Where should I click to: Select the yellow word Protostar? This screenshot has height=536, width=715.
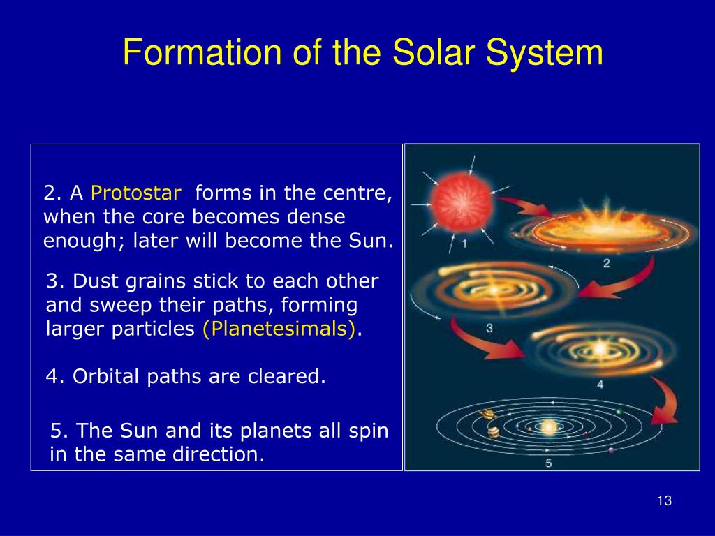[x=136, y=193]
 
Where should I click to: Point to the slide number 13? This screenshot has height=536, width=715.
[x=665, y=500]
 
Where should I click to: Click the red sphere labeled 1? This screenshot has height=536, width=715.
[x=461, y=204]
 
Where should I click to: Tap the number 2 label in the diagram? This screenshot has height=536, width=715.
[x=607, y=263]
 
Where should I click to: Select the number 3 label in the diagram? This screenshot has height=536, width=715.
[x=489, y=328]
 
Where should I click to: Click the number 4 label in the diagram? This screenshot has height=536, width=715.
[x=600, y=385]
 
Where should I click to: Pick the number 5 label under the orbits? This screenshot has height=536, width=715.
[x=549, y=463]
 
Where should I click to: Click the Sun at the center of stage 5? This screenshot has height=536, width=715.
[x=549, y=427]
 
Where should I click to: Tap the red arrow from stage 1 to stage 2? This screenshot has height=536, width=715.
[x=524, y=206]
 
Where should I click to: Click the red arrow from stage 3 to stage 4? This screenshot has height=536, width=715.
[x=480, y=342]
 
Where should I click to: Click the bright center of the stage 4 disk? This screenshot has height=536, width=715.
[x=599, y=349]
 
